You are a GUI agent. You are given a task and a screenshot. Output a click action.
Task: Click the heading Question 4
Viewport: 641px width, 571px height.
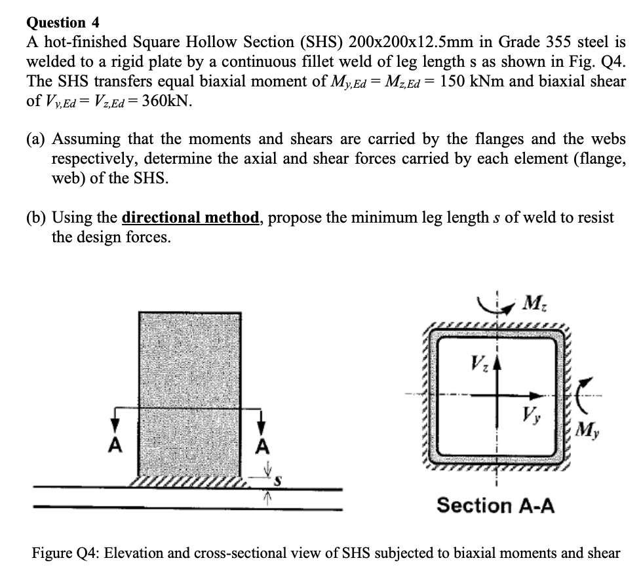[62, 22]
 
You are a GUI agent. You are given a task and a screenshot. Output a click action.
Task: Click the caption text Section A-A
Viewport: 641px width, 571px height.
[495, 505]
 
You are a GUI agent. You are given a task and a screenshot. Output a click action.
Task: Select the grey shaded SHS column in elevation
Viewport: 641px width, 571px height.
[189, 393]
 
